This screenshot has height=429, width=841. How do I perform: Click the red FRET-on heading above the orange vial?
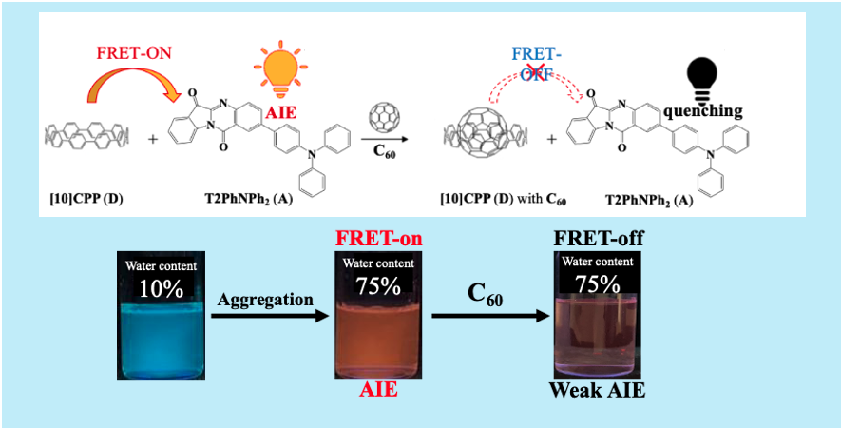point(379,238)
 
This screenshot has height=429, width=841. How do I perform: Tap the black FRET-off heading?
point(597,237)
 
